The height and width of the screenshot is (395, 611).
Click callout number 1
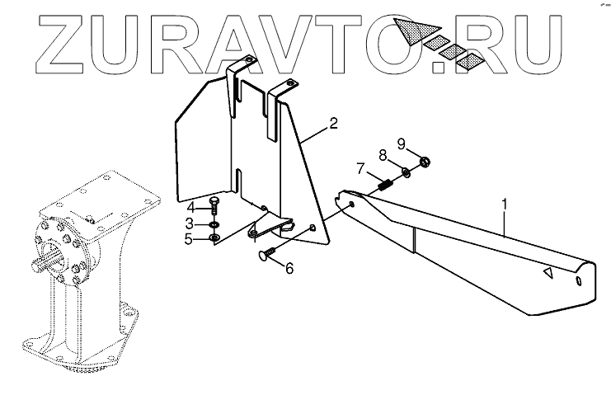point(504,202)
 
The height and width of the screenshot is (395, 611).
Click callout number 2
point(333,124)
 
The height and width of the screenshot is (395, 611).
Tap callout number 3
point(189,223)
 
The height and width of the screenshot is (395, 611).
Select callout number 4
point(189,206)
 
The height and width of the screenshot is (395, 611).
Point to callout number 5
point(189,239)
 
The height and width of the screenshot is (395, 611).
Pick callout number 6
point(289,267)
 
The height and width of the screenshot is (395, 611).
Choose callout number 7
point(360,168)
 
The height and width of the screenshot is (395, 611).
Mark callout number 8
point(382,154)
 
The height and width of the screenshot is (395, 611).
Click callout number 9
point(402,142)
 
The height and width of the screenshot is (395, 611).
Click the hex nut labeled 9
point(425,162)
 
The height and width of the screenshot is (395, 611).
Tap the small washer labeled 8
point(407,173)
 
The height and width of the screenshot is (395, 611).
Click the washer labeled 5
point(214,238)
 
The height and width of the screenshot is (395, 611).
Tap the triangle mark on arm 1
point(547,273)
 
